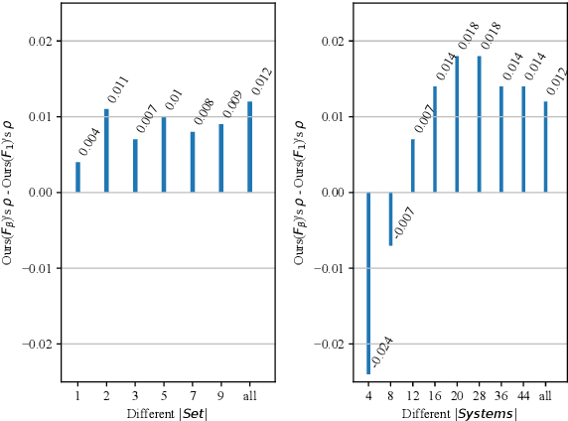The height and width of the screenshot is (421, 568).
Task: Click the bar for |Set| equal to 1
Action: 77,177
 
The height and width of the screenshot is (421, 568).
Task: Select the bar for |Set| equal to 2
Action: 106,151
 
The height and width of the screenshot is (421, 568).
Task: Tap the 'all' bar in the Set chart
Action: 249,147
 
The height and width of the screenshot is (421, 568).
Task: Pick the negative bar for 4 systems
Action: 368,283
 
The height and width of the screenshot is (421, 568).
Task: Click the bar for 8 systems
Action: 390,218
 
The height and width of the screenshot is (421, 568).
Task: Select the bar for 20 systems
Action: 457,138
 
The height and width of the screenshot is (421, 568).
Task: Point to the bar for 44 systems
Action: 523,139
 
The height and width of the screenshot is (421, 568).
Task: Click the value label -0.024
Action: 382,352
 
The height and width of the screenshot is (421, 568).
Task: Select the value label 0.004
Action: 88,142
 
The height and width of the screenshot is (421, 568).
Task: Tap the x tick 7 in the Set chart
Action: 192,395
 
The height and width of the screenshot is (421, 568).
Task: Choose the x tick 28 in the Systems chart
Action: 479,395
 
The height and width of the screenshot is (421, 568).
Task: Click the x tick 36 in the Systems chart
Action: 500,395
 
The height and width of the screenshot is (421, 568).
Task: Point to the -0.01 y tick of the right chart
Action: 331,268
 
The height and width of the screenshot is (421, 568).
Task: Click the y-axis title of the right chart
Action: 300,191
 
